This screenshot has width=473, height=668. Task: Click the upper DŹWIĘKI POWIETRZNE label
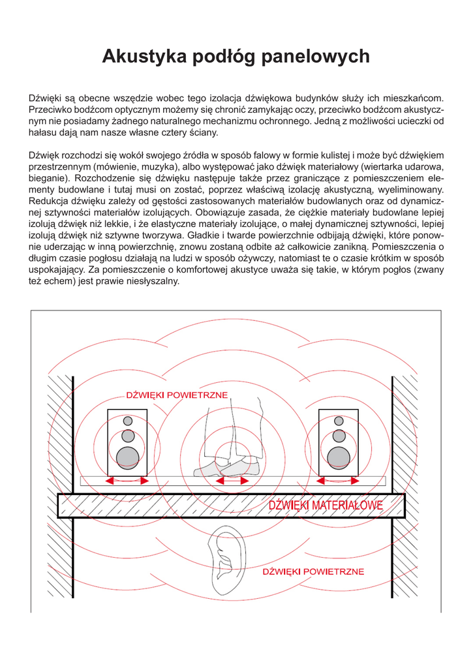click(x=177, y=395)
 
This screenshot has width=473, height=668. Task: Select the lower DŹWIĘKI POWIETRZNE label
click(x=313, y=572)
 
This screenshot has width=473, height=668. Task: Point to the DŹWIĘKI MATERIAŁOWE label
click(x=326, y=505)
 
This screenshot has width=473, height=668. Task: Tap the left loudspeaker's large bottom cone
click(x=128, y=458)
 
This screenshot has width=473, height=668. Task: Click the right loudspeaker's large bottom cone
click(x=339, y=458)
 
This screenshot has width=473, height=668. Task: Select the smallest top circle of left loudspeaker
click(x=128, y=421)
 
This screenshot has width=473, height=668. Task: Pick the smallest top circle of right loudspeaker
click(x=339, y=421)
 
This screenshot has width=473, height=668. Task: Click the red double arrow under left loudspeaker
click(x=127, y=481)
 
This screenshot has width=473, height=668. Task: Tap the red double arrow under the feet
click(x=232, y=481)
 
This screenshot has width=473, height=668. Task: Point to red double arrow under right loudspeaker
click(x=338, y=481)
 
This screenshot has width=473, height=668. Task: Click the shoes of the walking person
click(x=228, y=466)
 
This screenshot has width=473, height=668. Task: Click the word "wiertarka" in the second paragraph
click(x=373, y=166)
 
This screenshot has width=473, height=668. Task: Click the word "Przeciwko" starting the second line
click(x=50, y=110)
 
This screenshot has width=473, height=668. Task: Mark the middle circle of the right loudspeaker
click(x=339, y=435)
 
